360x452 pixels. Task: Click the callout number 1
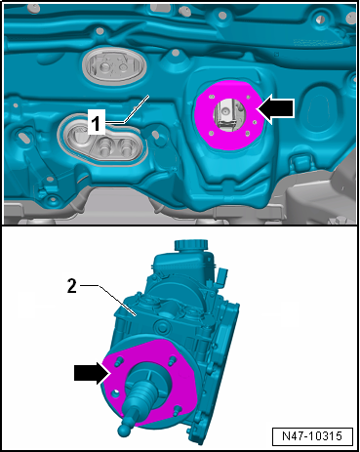tap(96, 122)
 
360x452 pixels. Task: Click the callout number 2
tap(71, 286)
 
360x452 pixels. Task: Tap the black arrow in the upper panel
tap(275, 108)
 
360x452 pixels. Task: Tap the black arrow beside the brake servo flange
tap(92, 373)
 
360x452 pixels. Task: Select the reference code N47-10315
tap(312, 436)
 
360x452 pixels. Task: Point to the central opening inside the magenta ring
tap(228, 114)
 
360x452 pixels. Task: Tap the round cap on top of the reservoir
tap(191, 245)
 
